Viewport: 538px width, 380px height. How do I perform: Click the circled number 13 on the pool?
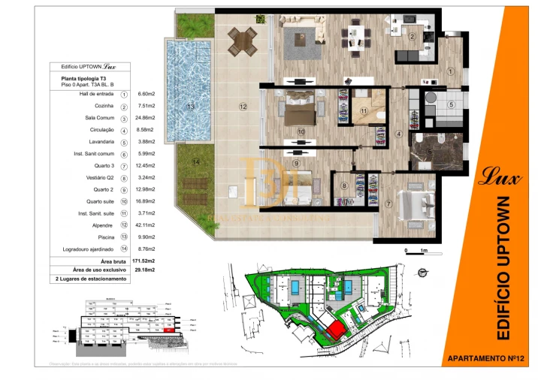[x=191, y=107]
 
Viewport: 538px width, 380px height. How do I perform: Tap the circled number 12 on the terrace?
[x=243, y=107]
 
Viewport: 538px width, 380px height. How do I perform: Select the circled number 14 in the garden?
[x=195, y=162]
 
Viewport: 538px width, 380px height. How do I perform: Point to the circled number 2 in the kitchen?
[x=411, y=36]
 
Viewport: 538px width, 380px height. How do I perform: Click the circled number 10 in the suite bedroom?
[x=301, y=131]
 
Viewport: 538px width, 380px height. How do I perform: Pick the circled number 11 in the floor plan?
[x=364, y=112]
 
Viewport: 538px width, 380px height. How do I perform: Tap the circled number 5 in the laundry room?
[x=451, y=105]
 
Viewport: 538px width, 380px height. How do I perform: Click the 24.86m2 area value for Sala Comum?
[x=147, y=119]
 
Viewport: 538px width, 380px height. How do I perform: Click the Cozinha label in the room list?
[x=104, y=107]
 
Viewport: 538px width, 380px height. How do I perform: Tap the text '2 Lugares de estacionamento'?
[x=91, y=279]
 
